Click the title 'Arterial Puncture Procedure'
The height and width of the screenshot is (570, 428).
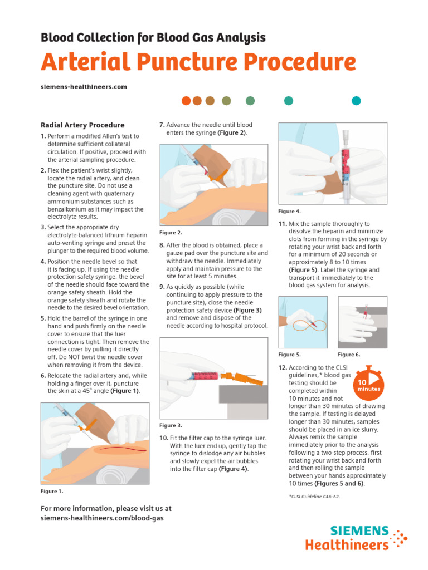198,62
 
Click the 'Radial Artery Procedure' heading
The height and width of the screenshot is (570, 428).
82,125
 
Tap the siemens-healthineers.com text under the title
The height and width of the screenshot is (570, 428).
84,87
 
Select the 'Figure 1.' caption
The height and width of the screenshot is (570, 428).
52,492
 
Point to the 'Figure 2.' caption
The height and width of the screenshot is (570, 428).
171,233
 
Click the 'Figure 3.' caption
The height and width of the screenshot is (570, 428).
171,426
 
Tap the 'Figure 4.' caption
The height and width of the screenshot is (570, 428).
289,212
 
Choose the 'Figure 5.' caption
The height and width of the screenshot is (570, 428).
289,355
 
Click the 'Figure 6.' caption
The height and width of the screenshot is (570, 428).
349,355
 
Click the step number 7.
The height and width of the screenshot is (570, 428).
162,125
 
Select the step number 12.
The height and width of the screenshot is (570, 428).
283,368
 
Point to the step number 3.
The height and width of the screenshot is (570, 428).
43,228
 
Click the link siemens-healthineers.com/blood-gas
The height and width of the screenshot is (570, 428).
102,518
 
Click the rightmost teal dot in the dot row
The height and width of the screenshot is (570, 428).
356,101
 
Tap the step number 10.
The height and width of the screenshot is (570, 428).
163,438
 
